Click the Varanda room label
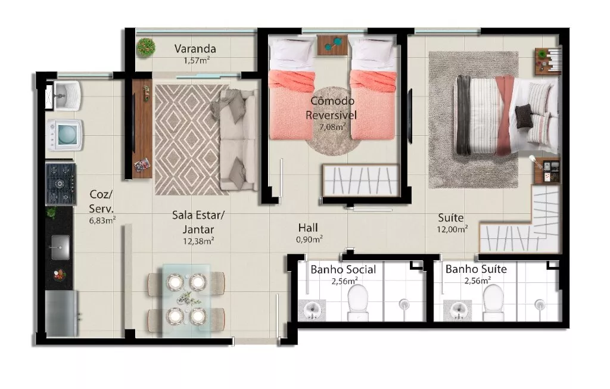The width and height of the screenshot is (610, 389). point(195,49)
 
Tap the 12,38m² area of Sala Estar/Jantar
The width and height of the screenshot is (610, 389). point(198,241)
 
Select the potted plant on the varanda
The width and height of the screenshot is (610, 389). point(146,48)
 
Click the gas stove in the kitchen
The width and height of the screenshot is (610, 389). point(61,184)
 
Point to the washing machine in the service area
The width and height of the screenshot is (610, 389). point(64,135)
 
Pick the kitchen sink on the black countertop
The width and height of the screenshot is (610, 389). point(60,247)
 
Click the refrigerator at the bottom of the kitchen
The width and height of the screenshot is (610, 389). point(62,313)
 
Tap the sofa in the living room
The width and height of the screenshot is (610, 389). point(238,140)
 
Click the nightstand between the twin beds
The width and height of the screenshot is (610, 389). point(332,45)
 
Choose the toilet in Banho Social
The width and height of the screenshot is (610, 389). point(357,303)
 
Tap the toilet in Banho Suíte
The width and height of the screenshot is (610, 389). point(493,303)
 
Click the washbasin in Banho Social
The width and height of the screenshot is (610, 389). point(312,310)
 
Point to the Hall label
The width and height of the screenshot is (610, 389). point(308,228)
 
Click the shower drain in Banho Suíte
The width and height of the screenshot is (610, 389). point(540,304)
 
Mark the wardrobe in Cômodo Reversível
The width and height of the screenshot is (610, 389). point(361,181)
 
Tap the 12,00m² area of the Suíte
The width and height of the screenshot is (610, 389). point(452,229)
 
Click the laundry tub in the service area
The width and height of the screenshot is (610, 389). point(66,95)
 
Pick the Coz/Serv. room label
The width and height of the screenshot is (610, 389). point(101,201)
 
